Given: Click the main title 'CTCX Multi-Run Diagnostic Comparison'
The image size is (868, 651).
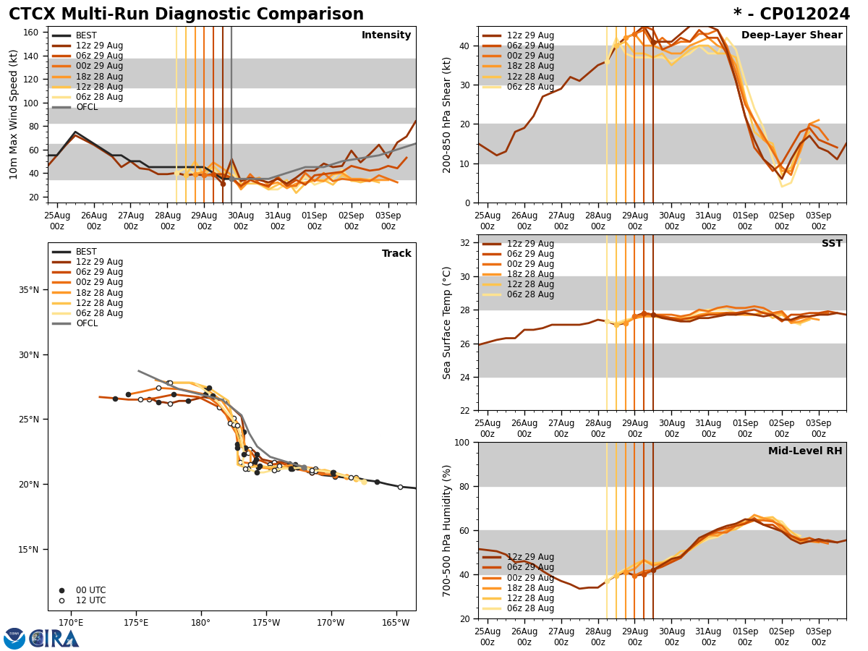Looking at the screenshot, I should click(186, 14).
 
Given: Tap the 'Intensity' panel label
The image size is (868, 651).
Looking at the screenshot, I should click(386, 35).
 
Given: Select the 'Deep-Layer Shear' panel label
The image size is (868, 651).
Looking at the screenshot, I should click(791, 35).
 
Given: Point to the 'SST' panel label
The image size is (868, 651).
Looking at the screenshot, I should click(832, 244).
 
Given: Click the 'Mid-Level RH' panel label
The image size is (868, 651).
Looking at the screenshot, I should click(805, 451).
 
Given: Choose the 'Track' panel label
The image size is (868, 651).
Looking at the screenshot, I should click(396, 254).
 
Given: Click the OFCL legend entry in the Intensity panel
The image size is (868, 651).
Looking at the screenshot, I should click(87, 107).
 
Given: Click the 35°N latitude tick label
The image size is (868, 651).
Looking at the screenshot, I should click(29, 290).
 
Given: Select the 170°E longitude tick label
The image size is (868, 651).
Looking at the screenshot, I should click(71, 624).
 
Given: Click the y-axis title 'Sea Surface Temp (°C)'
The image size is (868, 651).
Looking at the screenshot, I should click(447, 323).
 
